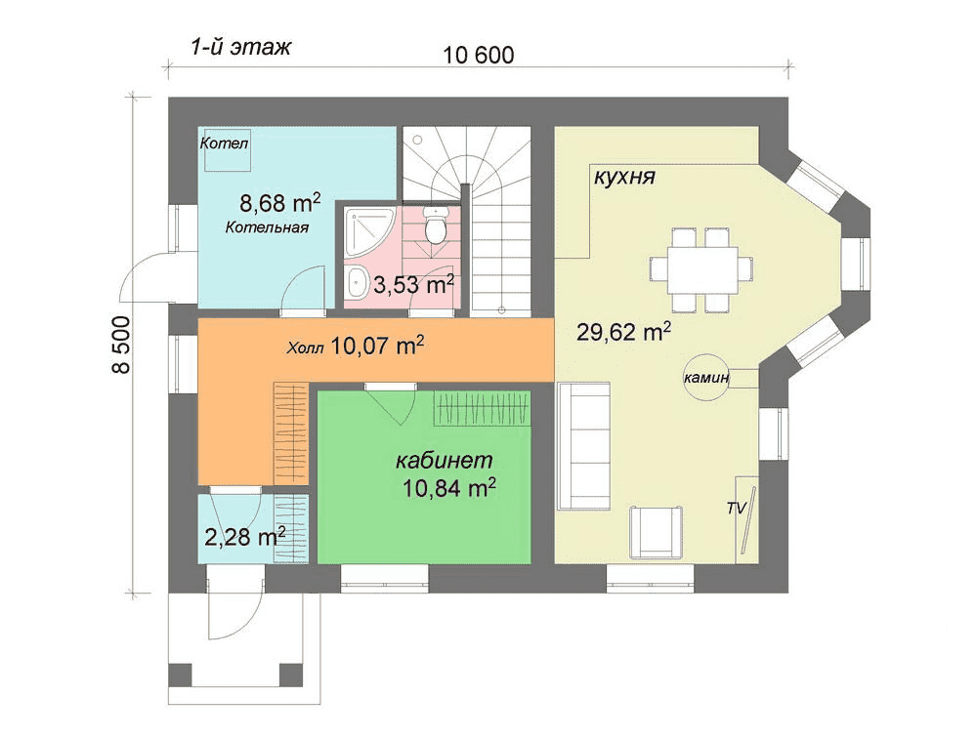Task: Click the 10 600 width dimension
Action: pyautogui.click(x=479, y=56)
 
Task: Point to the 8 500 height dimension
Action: pyautogui.click(x=121, y=345)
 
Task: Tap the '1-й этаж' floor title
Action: pyautogui.click(x=240, y=47)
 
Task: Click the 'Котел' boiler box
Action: pyautogui.click(x=225, y=149)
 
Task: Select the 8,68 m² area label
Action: pyautogui.click(x=280, y=202)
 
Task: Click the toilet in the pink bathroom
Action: pyautogui.click(x=435, y=225)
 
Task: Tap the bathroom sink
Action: pyautogui.click(x=357, y=283)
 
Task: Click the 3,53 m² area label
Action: pyautogui.click(x=413, y=285)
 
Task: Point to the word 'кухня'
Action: pyautogui.click(x=624, y=177)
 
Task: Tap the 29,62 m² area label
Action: pyautogui.click(x=623, y=331)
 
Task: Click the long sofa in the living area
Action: pyautogui.click(x=583, y=446)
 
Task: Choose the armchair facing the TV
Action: pyautogui.click(x=657, y=532)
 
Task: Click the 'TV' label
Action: pyautogui.click(x=736, y=509)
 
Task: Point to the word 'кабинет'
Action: pyautogui.click(x=445, y=461)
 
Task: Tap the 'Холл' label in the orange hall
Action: pyautogui.click(x=305, y=348)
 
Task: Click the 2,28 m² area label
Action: pyautogui.click(x=245, y=536)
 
